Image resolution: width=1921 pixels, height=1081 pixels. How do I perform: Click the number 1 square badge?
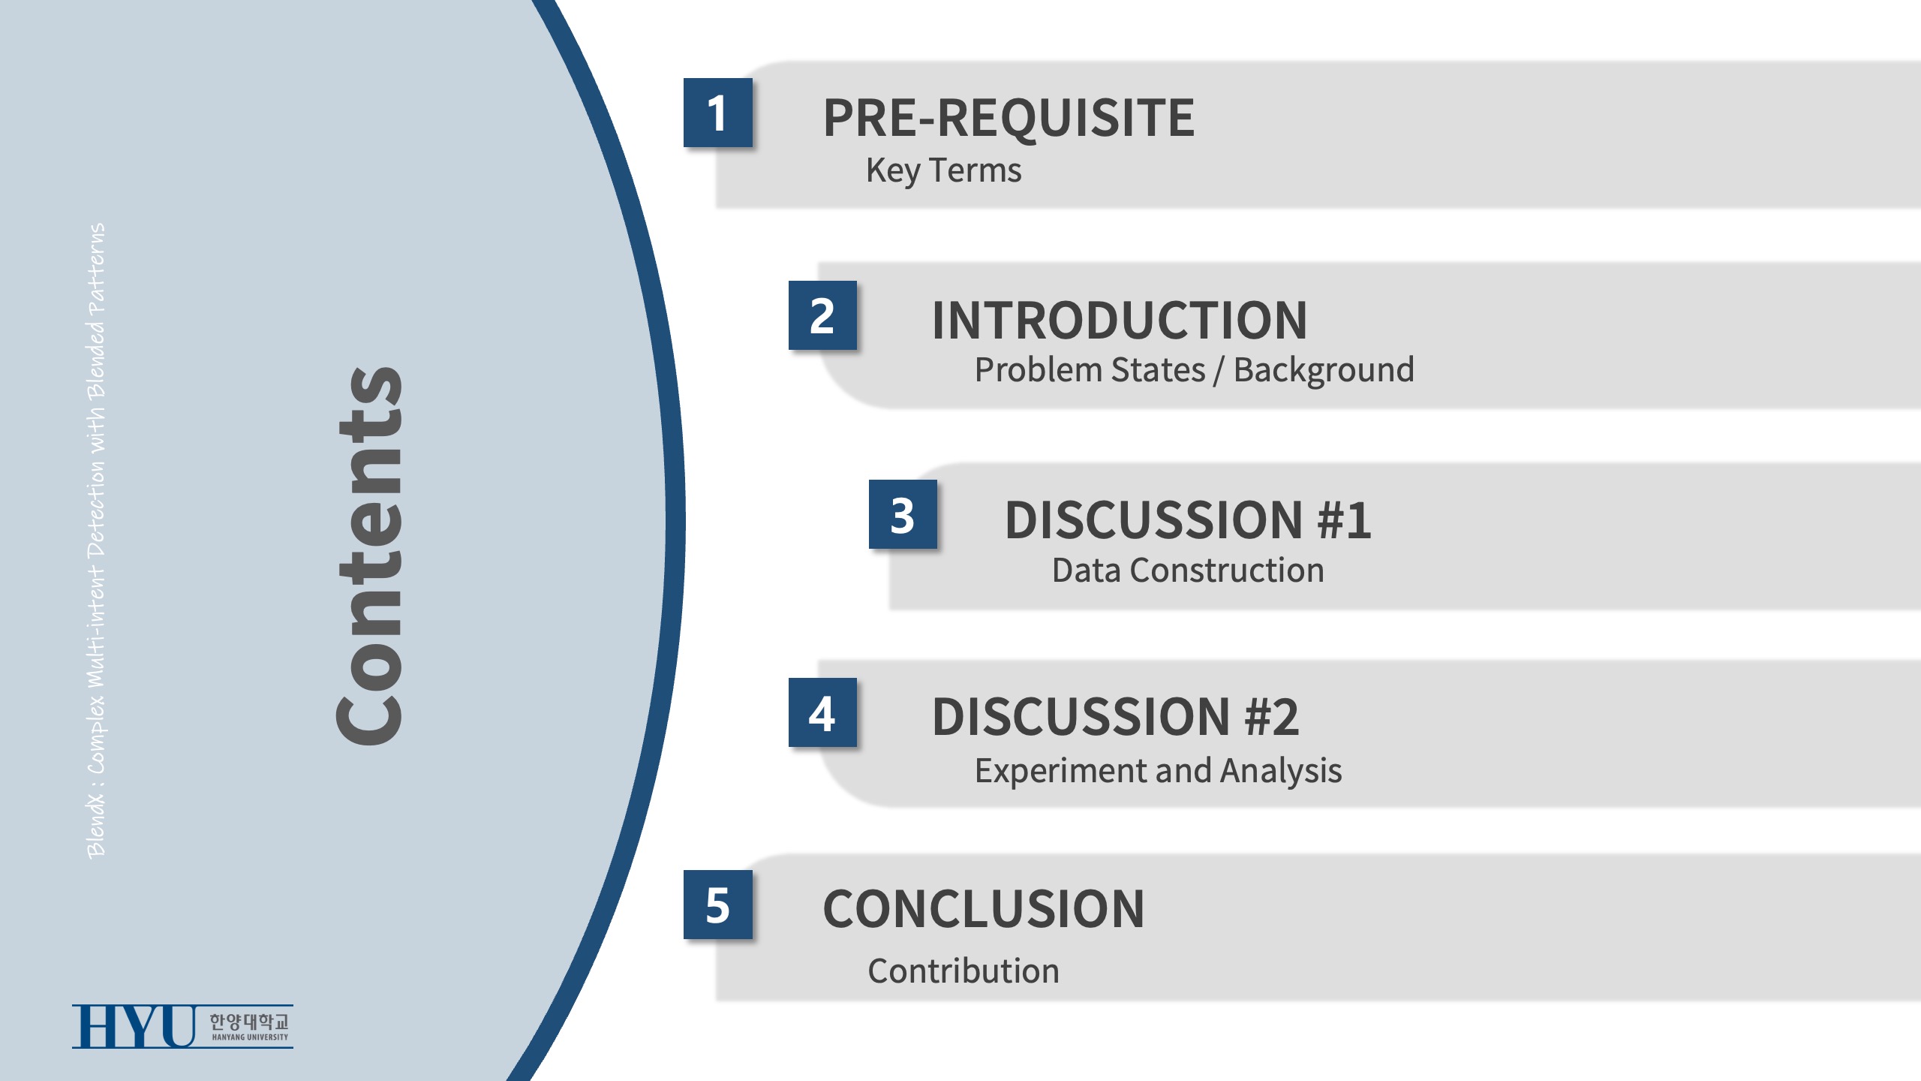[x=717, y=113]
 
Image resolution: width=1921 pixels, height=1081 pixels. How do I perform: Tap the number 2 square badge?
[x=822, y=315]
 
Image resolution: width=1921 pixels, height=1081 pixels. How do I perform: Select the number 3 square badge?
[x=903, y=514]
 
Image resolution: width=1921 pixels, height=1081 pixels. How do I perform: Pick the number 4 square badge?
[x=822, y=712]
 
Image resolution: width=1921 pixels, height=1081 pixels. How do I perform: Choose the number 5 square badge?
[x=717, y=905]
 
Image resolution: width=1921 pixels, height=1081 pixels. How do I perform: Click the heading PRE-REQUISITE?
[x=1009, y=118]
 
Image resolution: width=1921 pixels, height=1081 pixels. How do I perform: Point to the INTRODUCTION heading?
[x=1120, y=321]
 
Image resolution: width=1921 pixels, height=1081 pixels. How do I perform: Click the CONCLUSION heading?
[x=984, y=909]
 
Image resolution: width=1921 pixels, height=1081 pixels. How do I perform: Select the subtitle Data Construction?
[x=1188, y=571]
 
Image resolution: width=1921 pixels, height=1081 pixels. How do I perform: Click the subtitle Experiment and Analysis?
[x=1158, y=772]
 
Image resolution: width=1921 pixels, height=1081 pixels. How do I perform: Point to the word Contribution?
[x=964, y=971]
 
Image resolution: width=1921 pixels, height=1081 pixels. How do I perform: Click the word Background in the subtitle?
[x=1324, y=371]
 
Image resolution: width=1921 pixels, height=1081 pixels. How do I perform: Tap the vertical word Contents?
[x=369, y=556]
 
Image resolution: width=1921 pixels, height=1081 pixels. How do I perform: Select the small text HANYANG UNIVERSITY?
[x=250, y=1037]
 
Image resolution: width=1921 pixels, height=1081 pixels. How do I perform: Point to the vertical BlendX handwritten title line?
[x=96, y=540]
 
